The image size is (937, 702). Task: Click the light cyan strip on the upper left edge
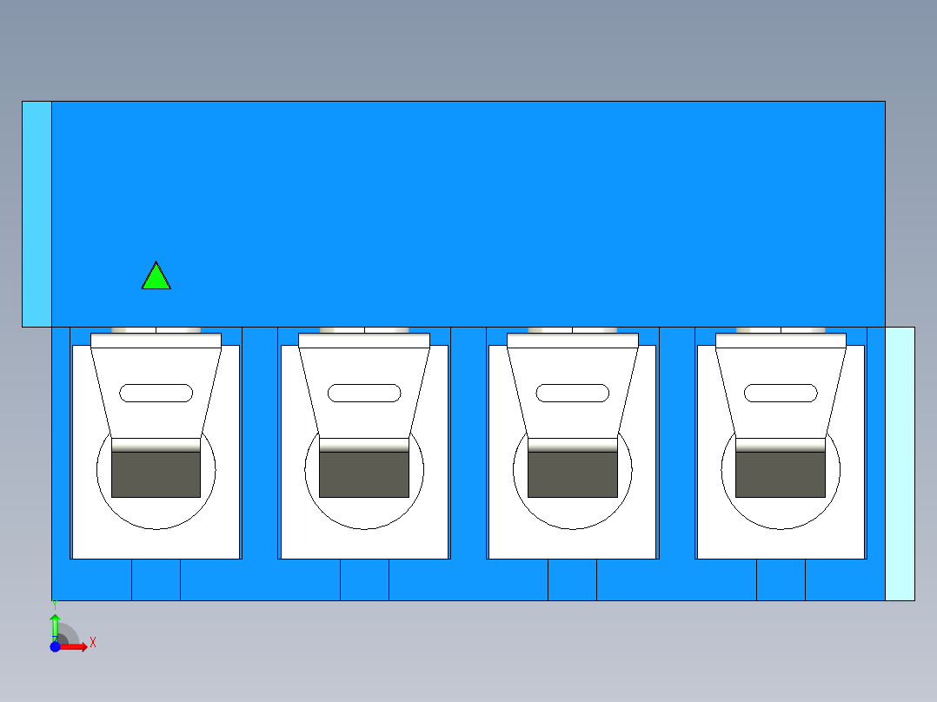[x=37, y=214]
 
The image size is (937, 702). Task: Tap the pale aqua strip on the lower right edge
[x=900, y=464]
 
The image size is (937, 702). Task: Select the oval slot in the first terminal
[x=156, y=393]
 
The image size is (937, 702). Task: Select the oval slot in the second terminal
[x=364, y=393]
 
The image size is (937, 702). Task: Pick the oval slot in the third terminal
[x=573, y=393]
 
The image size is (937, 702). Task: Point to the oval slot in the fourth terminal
[x=781, y=393]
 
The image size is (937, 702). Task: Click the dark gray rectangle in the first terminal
[x=156, y=474]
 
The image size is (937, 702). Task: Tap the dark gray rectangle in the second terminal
[x=364, y=474]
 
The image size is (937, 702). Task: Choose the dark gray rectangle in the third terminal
[x=573, y=474]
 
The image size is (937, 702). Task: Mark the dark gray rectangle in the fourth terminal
[x=781, y=474]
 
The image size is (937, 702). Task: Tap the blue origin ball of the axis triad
[x=55, y=646]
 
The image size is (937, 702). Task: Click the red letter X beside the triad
[x=93, y=642]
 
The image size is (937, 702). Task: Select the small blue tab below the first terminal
[x=156, y=579]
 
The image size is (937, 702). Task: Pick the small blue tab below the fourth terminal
[x=781, y=579]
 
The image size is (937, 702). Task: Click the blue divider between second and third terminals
[x=468, y=443]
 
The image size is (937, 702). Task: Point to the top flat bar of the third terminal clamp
[x=573, y=341]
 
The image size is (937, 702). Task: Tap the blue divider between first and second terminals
[x=260, y=443]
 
